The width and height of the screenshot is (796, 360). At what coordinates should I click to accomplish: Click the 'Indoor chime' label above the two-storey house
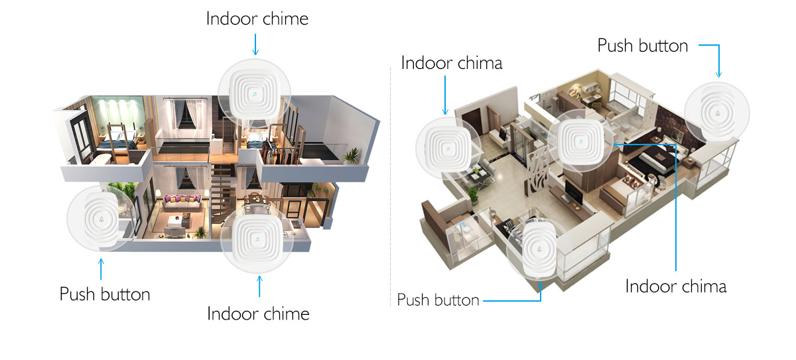click(x=257, y=19)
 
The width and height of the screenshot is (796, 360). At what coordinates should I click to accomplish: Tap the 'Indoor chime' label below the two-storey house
click(x=258, y=314)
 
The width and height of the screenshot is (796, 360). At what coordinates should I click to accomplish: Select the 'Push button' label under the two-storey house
click(x=105, y=294)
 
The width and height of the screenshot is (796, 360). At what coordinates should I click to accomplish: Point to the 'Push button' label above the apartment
click(x=643, y=46)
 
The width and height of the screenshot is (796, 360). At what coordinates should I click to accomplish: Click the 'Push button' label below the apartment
click(x=438, y=300)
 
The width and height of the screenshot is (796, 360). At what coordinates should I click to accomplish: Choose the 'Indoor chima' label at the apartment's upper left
click(x=452, y=63)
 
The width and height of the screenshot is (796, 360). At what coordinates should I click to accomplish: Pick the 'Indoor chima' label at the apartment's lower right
click(x=676, y=286)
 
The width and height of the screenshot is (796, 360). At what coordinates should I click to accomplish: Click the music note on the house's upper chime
click(x=255, y=94)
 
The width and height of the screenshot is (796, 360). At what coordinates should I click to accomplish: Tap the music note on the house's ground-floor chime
click(x=257, y=239)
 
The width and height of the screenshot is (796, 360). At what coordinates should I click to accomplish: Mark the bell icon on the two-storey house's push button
click(x=101, y=219)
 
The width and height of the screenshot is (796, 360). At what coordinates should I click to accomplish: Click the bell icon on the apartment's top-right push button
click(x=718, y=113)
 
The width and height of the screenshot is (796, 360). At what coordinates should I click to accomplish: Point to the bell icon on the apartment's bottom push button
click(x=539, y=249)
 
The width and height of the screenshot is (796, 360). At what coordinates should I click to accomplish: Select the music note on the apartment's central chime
click(x=580, y=142)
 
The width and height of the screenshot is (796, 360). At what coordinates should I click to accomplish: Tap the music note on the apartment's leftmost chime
click(x=448, y=149)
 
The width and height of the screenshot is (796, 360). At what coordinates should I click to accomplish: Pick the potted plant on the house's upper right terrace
click(x=352, y=156)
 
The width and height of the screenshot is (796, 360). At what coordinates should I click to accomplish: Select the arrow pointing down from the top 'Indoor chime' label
click(x=255, y=44)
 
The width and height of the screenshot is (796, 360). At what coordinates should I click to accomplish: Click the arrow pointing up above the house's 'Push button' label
click(x=101, y=269)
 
